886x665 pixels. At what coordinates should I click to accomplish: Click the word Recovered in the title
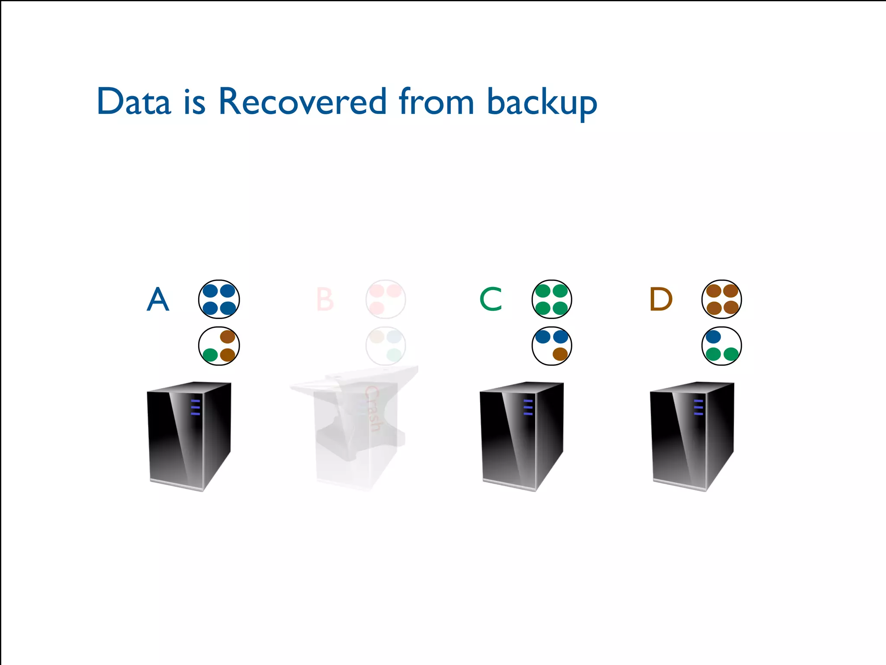pos(302,102)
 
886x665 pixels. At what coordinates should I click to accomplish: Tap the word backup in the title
pos(542,103)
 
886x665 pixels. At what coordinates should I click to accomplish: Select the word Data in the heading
pos(134,102)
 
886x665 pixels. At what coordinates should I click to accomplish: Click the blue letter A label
pos(158,299)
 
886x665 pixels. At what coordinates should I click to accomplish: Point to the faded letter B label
pos(325,299)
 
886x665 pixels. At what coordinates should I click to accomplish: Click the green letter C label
pos(491,299)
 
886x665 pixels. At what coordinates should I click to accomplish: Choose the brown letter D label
pos(661,299)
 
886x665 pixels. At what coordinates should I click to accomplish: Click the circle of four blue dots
pos(219,299)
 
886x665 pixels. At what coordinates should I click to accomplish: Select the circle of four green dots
pos(552,299)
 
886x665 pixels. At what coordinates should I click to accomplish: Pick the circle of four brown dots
pos(722,299)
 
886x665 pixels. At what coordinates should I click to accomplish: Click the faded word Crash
pos(372,409)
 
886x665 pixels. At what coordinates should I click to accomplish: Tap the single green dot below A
pos(210,355)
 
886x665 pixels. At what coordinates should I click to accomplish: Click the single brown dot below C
pos(560,354)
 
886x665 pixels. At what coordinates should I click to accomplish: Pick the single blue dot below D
pos(713,336)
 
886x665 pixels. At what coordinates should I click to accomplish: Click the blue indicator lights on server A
pos(196,407)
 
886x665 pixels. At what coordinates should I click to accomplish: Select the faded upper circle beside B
pos(385,299)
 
